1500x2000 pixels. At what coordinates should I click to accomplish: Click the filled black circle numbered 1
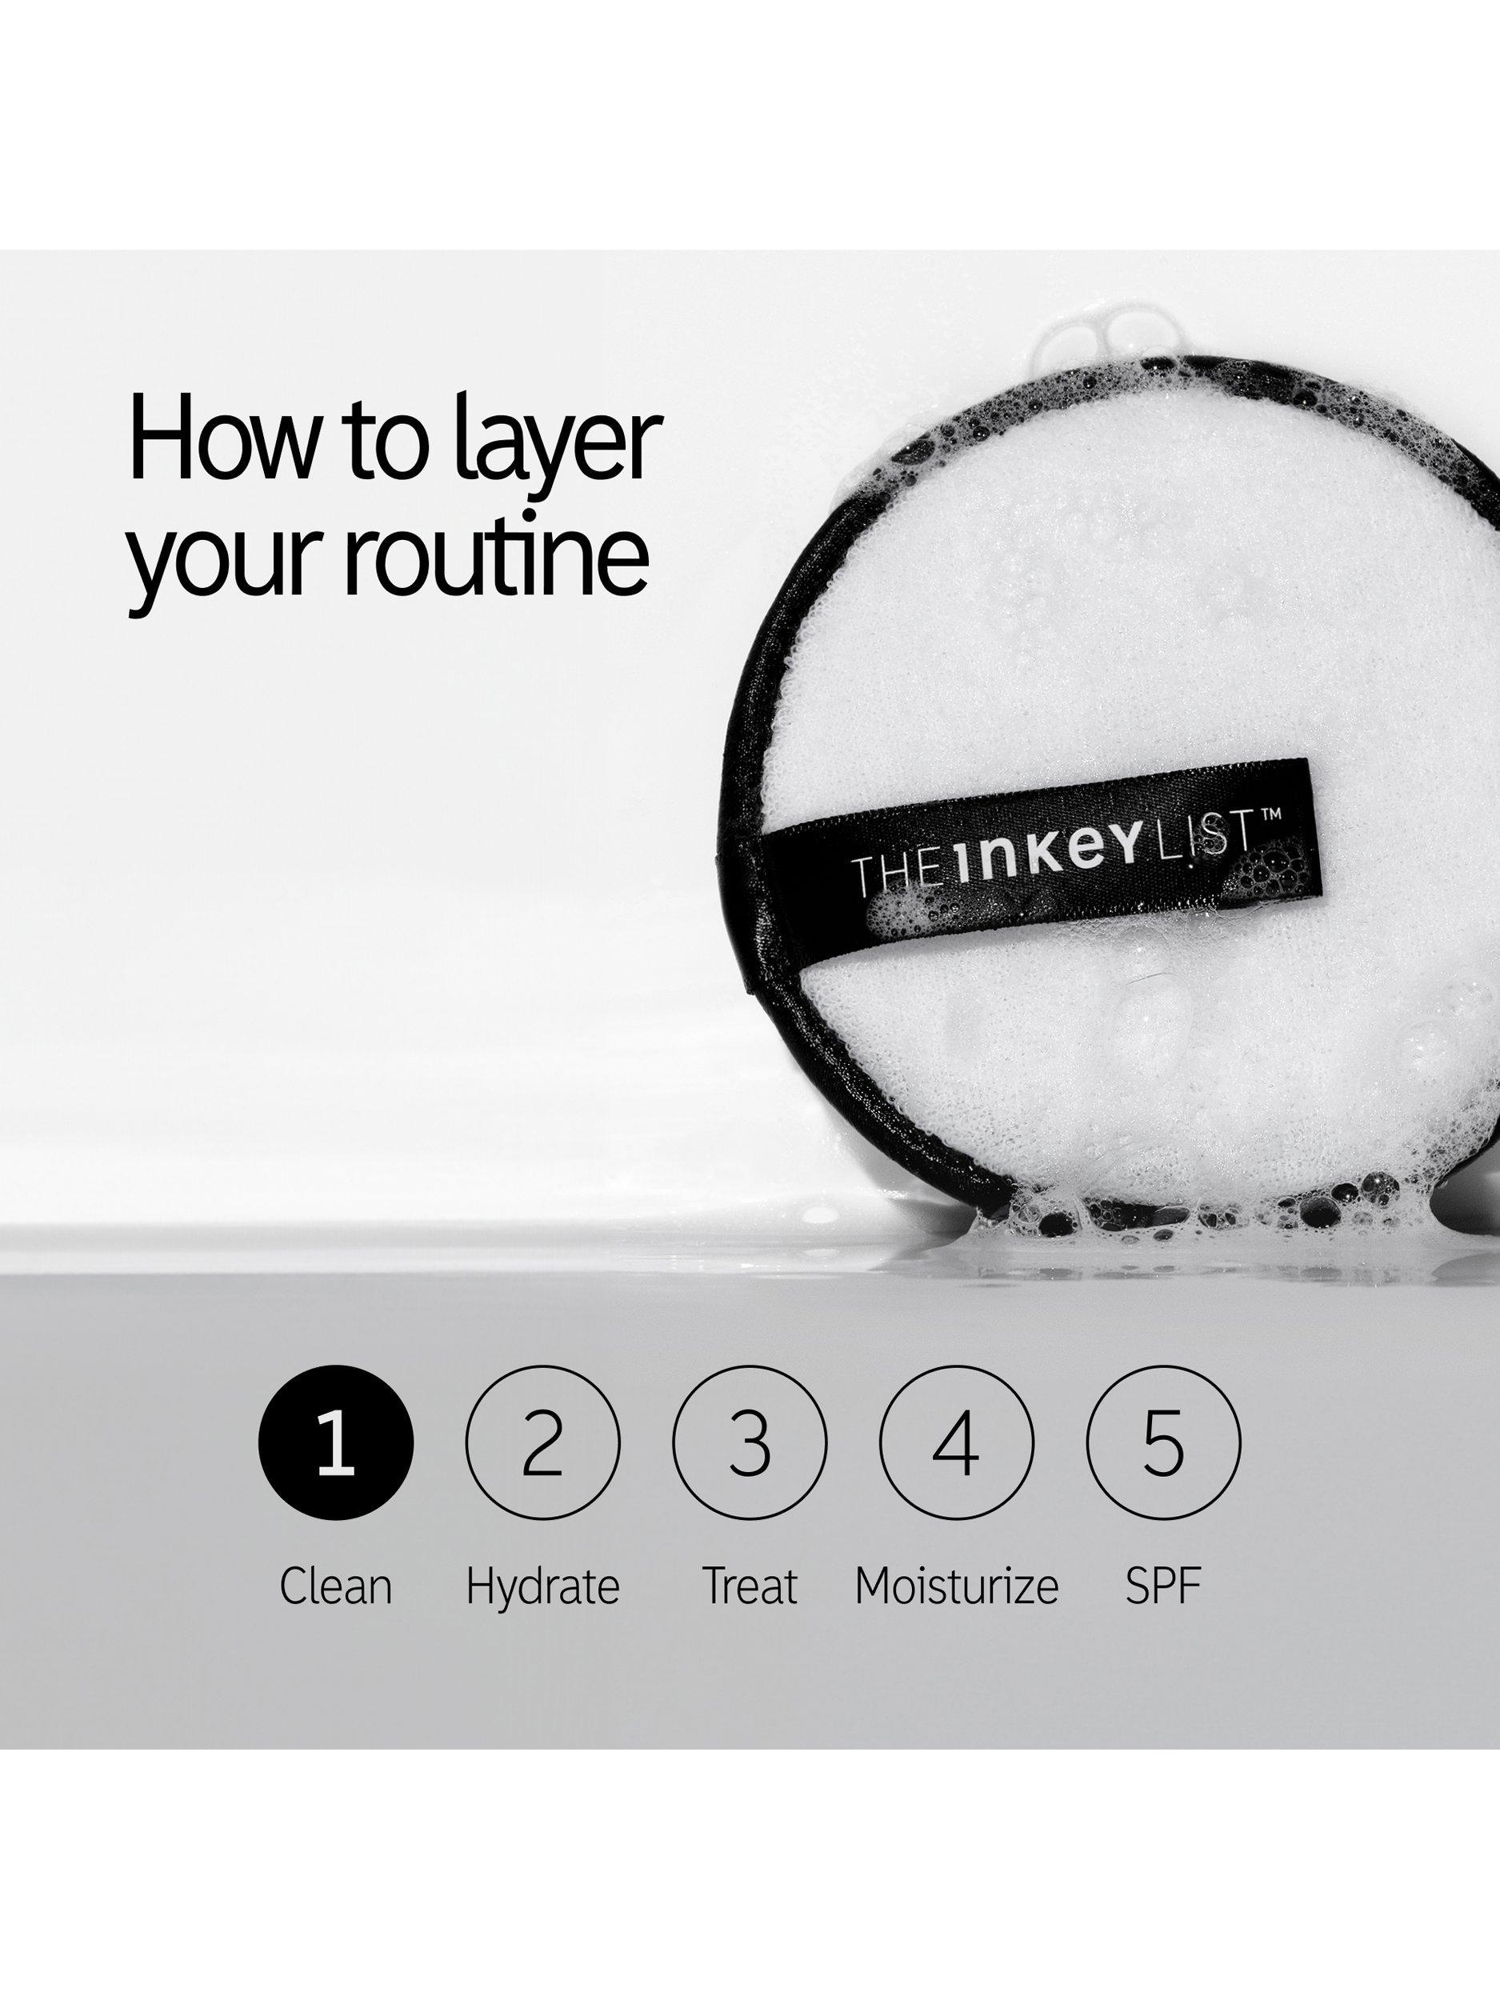[x=335, y=1444]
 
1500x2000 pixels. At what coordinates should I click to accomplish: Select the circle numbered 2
[x=542, y=1444]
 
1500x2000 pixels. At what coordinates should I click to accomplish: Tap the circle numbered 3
[x=750, y=1444]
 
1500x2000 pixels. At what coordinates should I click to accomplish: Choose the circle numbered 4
[x=957, y=1444]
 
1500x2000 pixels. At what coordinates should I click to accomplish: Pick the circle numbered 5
[x=1164, y=1444]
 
